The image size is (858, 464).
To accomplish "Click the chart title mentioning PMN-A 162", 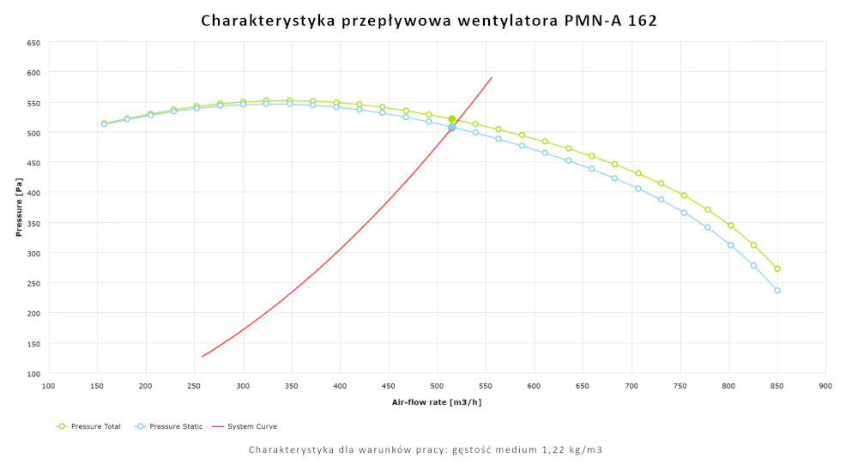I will click(429, 21).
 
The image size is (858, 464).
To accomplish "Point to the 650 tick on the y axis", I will click(33, 43).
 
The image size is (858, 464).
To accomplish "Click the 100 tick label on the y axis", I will click(33, 374).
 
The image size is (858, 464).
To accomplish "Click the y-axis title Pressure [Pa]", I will click(18, 208).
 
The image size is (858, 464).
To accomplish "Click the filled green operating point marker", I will click(452, 119).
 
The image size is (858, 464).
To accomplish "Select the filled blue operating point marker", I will click(452, 128).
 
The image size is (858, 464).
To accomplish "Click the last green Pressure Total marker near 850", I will click(777, 268).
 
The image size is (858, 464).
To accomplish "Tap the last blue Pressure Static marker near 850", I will click(777, 291).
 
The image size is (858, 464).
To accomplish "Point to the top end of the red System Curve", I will click(492, 77).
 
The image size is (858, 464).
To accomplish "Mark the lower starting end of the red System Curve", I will click(202, 356).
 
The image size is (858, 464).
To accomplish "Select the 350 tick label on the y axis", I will click(33, 223).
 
